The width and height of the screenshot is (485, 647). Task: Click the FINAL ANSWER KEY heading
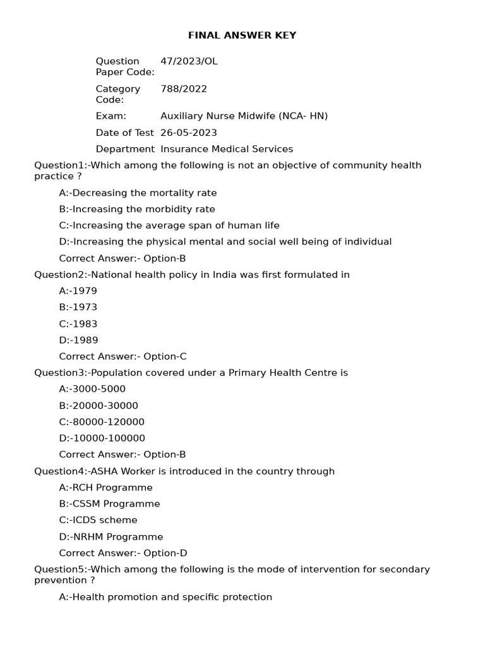242,35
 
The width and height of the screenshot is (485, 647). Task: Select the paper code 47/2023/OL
189,61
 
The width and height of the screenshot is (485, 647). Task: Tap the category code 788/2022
184,89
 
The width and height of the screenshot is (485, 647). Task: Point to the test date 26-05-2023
189,133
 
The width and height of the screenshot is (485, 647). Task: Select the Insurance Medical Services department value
227,149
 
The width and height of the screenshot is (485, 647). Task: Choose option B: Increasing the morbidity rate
137,209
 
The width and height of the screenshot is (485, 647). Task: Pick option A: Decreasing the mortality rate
138,193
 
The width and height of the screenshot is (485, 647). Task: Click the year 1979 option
78,291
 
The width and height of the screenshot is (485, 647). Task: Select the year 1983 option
78,324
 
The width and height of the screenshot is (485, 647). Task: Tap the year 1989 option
79,341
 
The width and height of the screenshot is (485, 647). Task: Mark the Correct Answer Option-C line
123,356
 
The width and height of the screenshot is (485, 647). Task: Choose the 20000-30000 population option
99,406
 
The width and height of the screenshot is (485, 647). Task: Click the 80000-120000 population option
102,422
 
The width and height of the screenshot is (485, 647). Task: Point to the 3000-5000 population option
92,389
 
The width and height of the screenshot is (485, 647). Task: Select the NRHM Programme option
111,537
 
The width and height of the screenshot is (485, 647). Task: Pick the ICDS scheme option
98,521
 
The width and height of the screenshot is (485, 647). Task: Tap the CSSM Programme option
109,504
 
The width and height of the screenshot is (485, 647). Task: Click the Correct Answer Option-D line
123,553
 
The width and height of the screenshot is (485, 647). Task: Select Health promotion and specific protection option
165,597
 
